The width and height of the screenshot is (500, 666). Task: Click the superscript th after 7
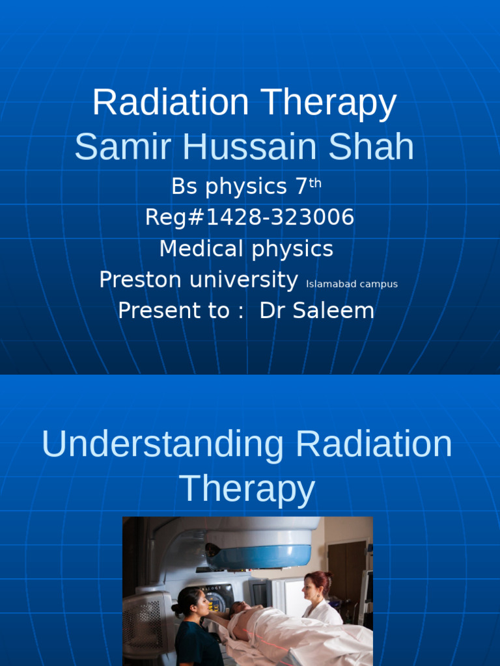pyautogui.click(x=315, y=183)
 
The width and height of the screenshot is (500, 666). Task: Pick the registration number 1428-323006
pyautogui.click(x=281, y=217)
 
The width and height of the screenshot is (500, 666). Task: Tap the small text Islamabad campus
pyautogui.click(x=352, y=284)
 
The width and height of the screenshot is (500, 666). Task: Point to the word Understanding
pyautogui.click(x=163, y=445)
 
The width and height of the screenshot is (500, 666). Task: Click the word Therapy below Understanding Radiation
pyautogui.click(x=247, y=488)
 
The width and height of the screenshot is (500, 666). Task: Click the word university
pyautogui.click(x=243, y=280)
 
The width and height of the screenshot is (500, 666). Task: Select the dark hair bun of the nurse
pyautogui.click(x=176, y=609)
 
